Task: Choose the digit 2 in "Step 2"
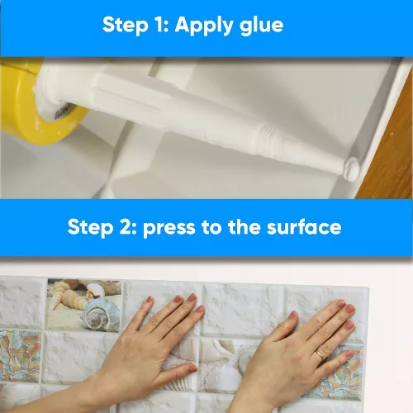tap(124, 226)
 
